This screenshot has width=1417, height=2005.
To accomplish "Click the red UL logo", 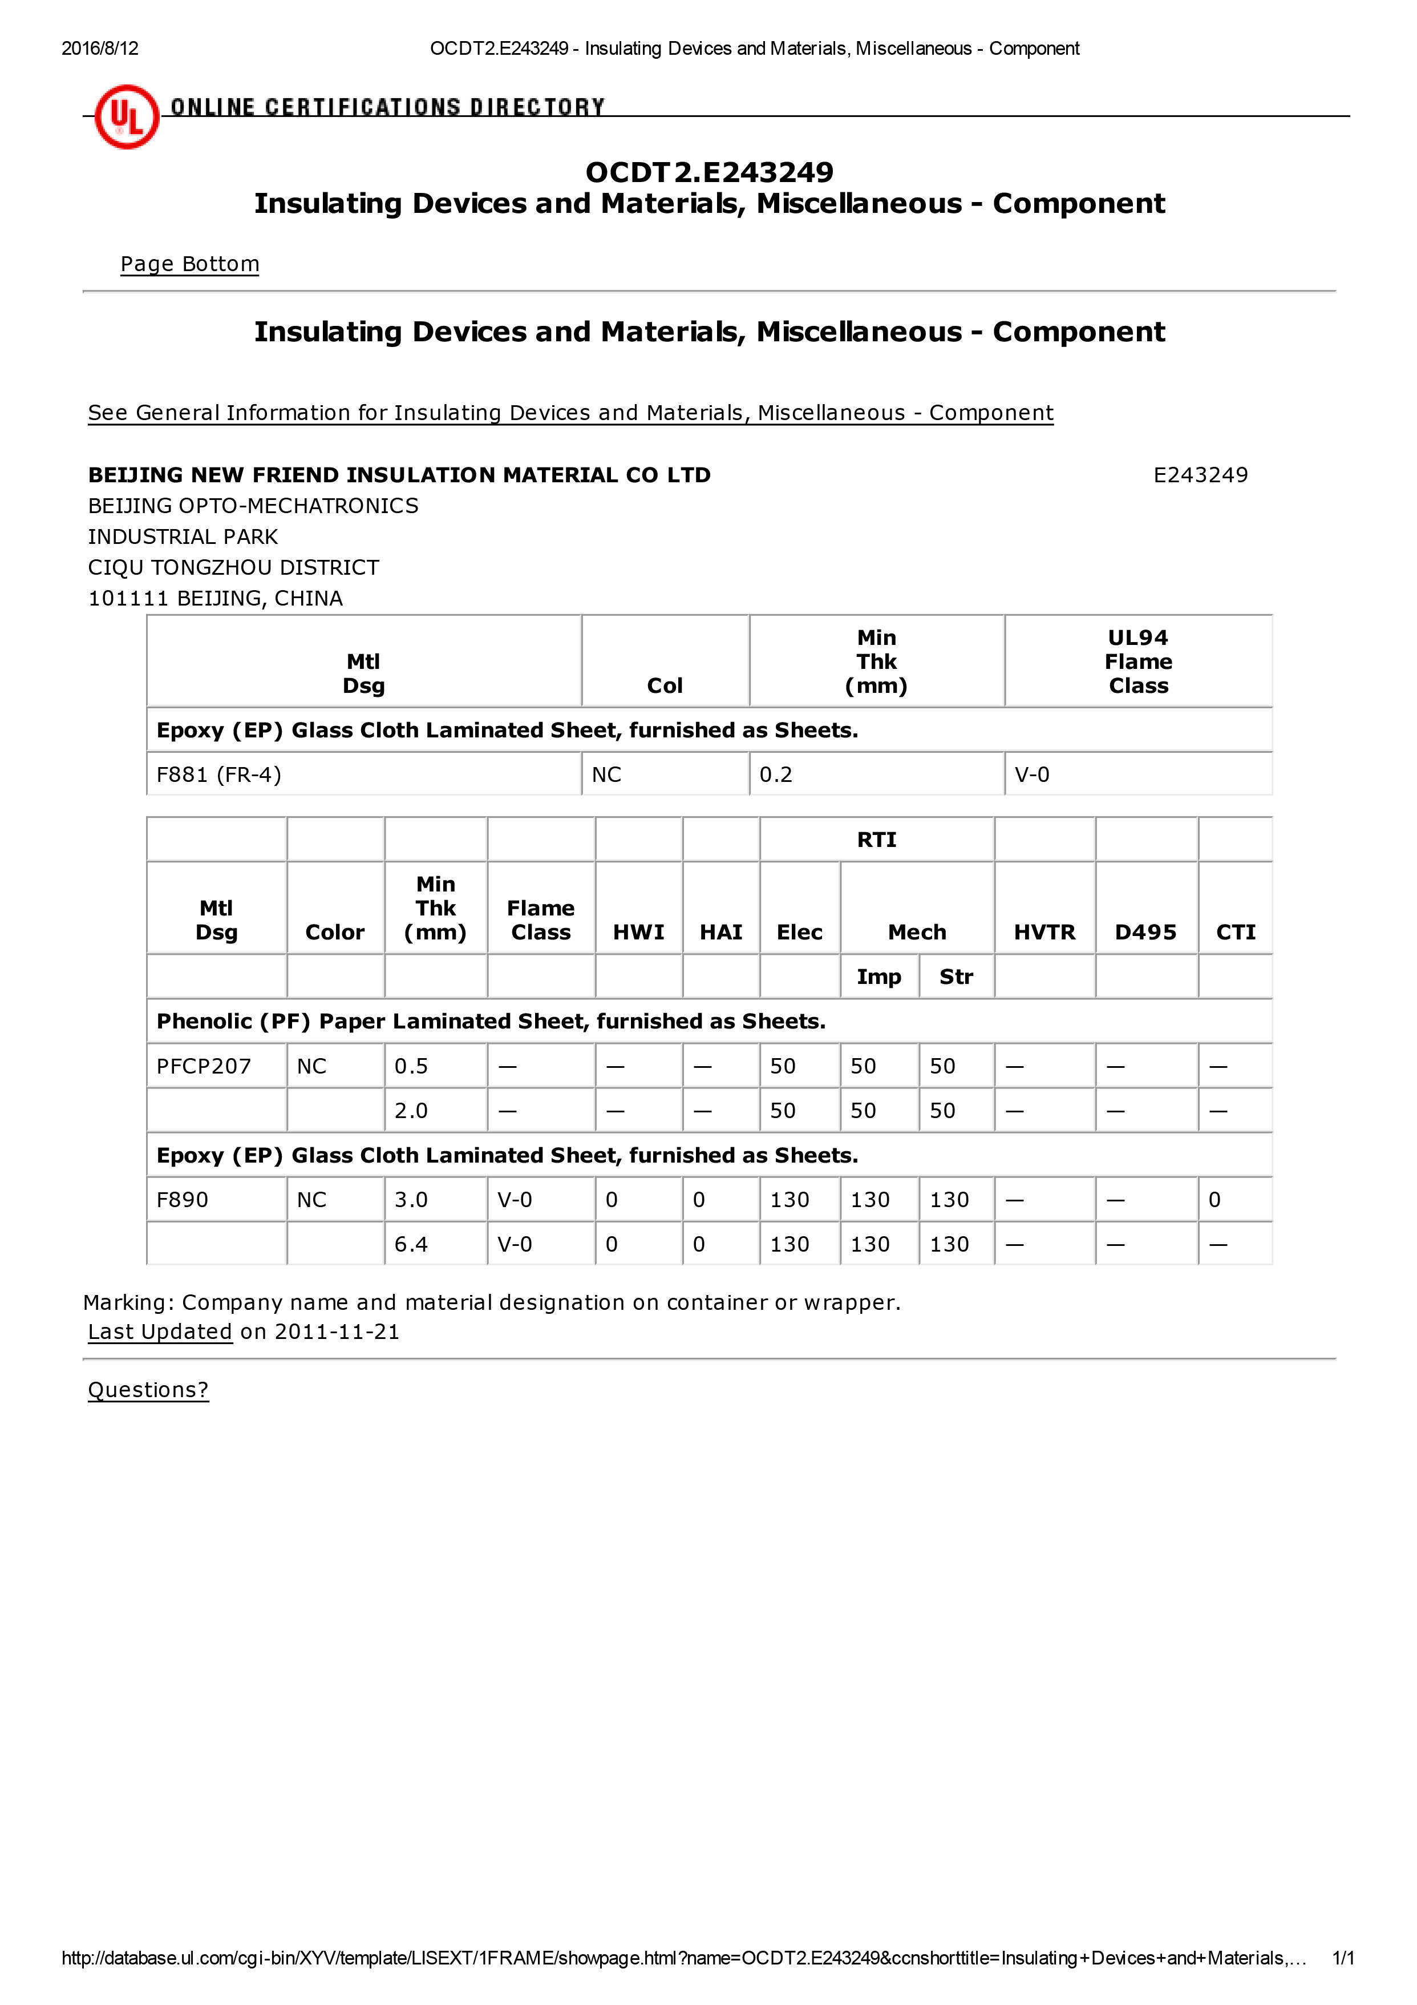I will click(x=127, y=116).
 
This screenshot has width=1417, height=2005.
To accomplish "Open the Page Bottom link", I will click(x=189, y=264).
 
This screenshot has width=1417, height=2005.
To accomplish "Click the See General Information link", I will click(x=570, y=413).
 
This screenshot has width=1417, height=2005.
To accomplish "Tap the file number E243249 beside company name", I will click(x=1200, y=475).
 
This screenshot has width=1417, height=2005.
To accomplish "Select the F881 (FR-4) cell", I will click(x=218, y=774).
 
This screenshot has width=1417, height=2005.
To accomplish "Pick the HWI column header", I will click(x=638, y=933).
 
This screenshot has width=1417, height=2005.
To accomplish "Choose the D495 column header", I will click(x=1145, y=933).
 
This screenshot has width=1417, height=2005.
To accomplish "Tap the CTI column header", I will click(x=1236, y=933).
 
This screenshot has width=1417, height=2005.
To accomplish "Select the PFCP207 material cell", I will click(x=204, y=1066).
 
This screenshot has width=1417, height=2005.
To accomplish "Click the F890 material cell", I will click(x=183, y=1200).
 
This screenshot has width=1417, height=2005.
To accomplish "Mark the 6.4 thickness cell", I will click(x=411, y=1244).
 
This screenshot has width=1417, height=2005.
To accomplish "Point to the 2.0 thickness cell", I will click(x=411, y=1111).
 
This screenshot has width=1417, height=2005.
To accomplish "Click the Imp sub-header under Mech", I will click(x=878, y=977).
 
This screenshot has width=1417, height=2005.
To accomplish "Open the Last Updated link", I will click(x=160, y=1332).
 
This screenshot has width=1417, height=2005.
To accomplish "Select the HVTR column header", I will click(x=1044, y=933).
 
